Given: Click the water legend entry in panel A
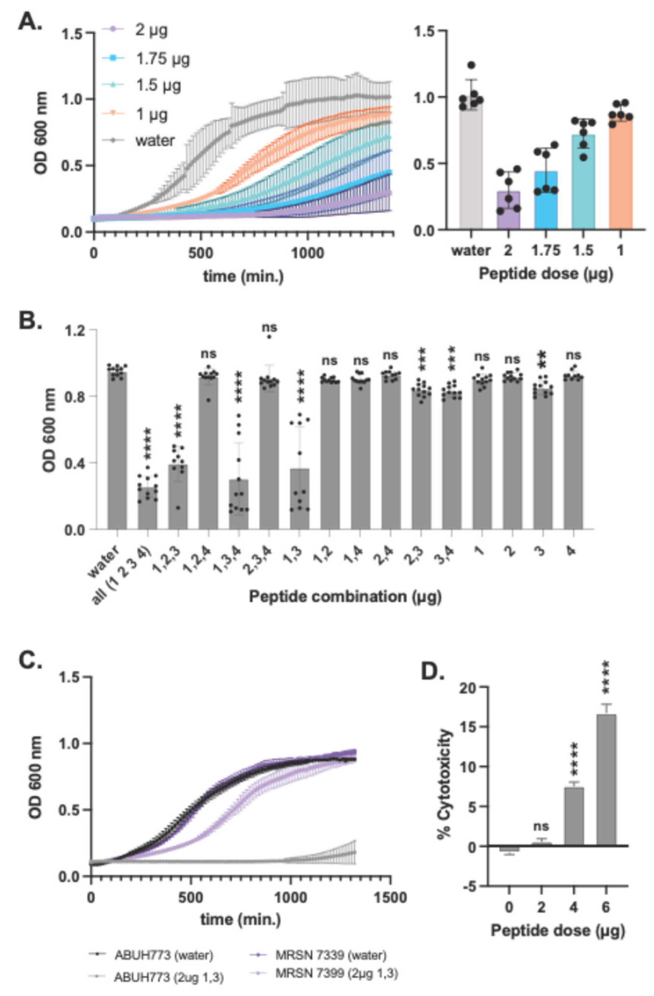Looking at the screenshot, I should pyautogui.click(x=154, y=140).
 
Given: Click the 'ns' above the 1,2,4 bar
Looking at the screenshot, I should pyautogui.click(x=208, y=354).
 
